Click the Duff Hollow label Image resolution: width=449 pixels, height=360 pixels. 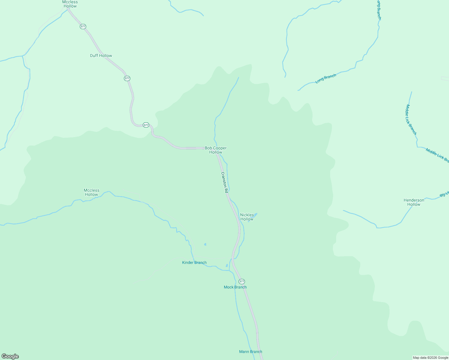[101, 55]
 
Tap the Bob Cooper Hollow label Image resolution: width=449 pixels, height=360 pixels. [215, 150]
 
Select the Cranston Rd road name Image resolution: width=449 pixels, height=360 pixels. [224, 182]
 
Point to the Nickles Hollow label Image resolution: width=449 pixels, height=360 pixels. [247, 217]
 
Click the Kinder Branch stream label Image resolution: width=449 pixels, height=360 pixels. [194, 262]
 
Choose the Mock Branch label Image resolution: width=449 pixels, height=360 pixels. [235, 287]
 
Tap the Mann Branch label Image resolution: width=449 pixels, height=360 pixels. [250, 352]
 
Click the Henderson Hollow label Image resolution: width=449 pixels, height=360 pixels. [414, 202]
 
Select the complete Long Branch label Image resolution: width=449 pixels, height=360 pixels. [326, 79]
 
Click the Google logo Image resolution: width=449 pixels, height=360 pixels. [10, 356]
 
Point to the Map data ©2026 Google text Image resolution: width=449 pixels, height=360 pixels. [430, 358]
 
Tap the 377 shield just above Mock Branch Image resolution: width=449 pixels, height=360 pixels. [242, 281]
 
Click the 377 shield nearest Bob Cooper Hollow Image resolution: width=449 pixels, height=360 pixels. [146, 125]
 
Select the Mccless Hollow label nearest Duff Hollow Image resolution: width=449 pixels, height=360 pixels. [70, 4]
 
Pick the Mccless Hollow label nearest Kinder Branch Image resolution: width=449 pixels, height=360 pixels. [91, 192]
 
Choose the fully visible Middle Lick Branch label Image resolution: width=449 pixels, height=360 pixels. [411, 119]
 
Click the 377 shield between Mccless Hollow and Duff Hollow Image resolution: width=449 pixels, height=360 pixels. [83, 26]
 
